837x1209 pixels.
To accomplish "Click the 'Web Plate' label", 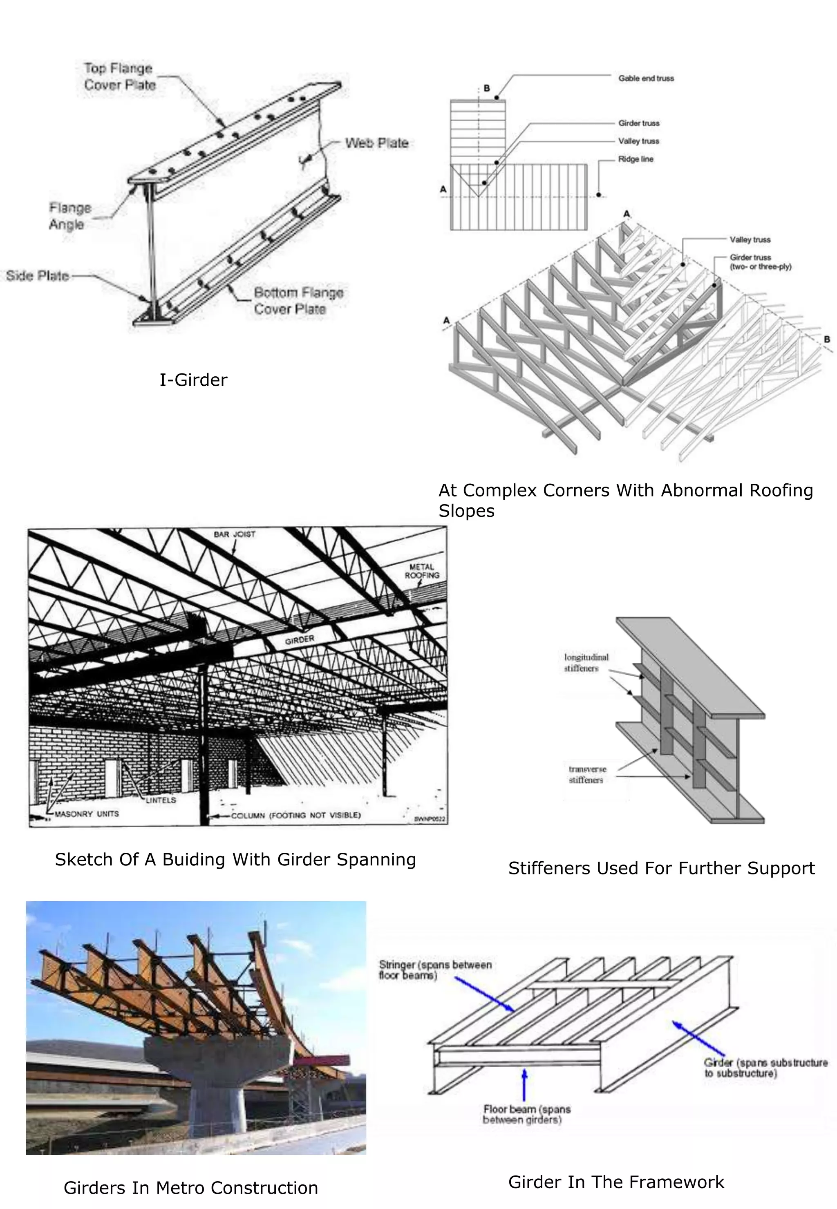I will [376, 143].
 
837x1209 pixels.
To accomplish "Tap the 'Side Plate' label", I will [38, 276].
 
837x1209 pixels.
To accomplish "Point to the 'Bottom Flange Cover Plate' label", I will [298, 301].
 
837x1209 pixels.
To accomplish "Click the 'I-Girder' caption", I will [193, 380].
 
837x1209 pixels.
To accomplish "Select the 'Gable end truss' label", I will [646, 78].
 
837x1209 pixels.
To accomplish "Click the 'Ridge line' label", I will [635, 159].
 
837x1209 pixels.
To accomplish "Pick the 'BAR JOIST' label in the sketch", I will [235, 535].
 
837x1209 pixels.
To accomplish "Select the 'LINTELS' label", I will [161, 800].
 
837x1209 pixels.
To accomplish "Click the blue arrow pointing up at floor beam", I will [524, 1085].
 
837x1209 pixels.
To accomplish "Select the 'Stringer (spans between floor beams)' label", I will [435, 970].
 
